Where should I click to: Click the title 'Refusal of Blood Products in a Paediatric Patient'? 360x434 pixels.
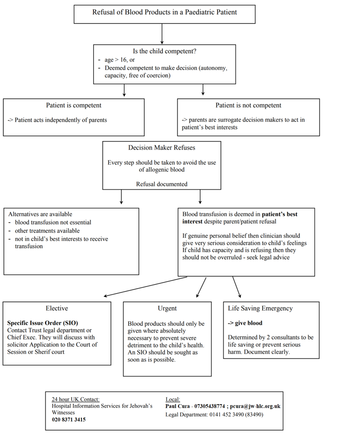164,12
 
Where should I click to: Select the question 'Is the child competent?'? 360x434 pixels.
164,51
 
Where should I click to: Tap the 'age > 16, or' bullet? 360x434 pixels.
120,60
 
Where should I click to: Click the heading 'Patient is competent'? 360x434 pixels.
74,105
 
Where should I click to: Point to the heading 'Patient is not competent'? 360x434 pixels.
248,105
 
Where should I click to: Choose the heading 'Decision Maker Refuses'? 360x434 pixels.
161,147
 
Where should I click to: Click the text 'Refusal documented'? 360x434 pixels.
161,184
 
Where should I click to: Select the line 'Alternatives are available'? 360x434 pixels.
40,214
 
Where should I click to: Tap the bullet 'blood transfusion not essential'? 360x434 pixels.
53,222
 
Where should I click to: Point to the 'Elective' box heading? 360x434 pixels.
57,308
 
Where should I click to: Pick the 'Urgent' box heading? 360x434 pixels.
167,308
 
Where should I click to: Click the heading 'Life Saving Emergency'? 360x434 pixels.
260,308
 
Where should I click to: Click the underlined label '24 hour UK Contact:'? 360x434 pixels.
76,399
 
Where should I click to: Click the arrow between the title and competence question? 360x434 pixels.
162,33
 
